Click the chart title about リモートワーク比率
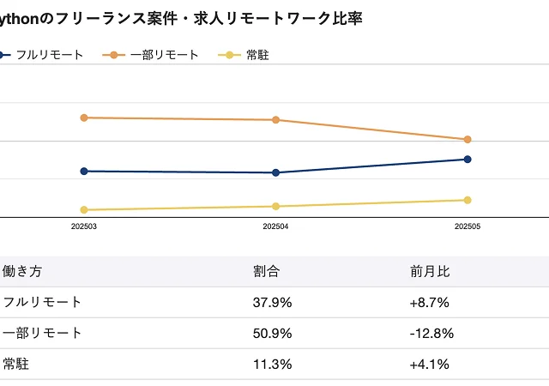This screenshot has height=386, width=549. click(x=180, y=18)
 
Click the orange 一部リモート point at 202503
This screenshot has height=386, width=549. click(x=83, y=118)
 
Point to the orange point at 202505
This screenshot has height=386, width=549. click(x=468, y=139)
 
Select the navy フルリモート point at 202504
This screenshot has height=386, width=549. click(x=275, y=172)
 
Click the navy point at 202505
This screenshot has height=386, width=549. click(x=468, y=159)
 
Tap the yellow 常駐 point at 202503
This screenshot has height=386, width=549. click(x=83, y=209)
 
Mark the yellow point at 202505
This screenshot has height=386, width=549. click(x=468, y=200)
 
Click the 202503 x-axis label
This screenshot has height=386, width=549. click(x=83, y=227)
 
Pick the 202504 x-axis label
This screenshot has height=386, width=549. click(x=275, y=227)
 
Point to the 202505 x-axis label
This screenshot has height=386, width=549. click(x=468, y=227)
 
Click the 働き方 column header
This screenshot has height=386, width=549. click(x=22, y=271)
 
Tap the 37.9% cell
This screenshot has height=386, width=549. click(x=273, y=302)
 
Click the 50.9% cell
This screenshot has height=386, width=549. click(x=273, y=333)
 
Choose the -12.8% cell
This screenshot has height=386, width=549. click(x=432, y=333)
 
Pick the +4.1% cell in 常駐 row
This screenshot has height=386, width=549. click(x=431, y=364)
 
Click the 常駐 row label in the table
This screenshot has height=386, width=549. click(x=16, y=364)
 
